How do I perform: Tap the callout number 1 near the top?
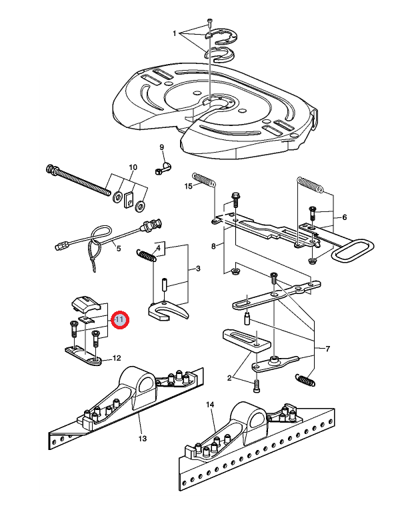[175, 33]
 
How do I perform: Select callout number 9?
[161, 147]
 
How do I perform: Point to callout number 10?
[133, 167]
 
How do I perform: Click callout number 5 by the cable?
[119, 249]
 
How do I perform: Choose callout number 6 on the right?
[345, 217]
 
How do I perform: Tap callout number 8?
[213, 247]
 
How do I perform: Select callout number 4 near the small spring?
[158, 248]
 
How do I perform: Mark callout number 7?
[327, 349]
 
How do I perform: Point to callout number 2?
[229, 378]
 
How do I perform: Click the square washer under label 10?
[131, 197]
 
